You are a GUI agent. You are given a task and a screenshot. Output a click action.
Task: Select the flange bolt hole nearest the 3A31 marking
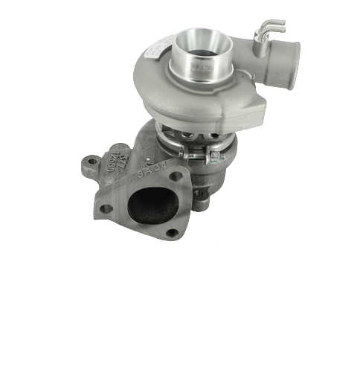tap(176, 176)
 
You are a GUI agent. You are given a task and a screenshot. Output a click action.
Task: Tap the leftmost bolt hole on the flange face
tap(106, 208)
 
